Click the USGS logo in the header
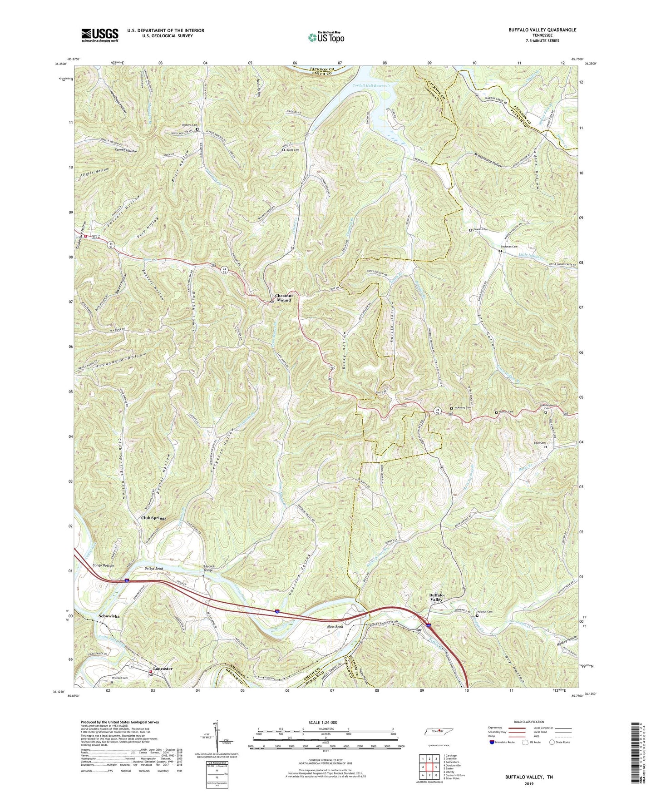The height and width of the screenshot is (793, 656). (x=99, y=35)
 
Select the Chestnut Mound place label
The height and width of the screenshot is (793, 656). (x=284, y=298)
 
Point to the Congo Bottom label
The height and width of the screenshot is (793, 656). (x=103, y=565)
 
